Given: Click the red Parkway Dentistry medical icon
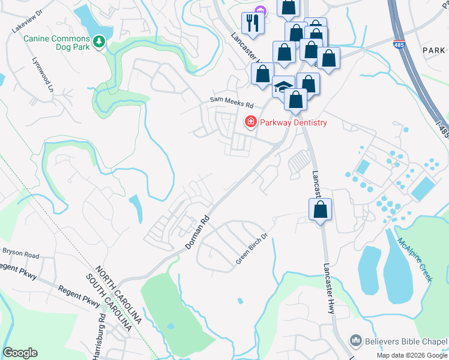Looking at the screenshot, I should tap(250, 122).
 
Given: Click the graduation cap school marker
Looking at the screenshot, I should tap(283, 87).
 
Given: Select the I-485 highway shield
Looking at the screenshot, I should tap(398, 44).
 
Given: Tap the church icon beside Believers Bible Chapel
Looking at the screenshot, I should tap(355, 340).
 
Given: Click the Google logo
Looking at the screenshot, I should tap(20, 353).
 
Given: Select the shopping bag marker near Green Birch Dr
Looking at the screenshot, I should tap(321, 210).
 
